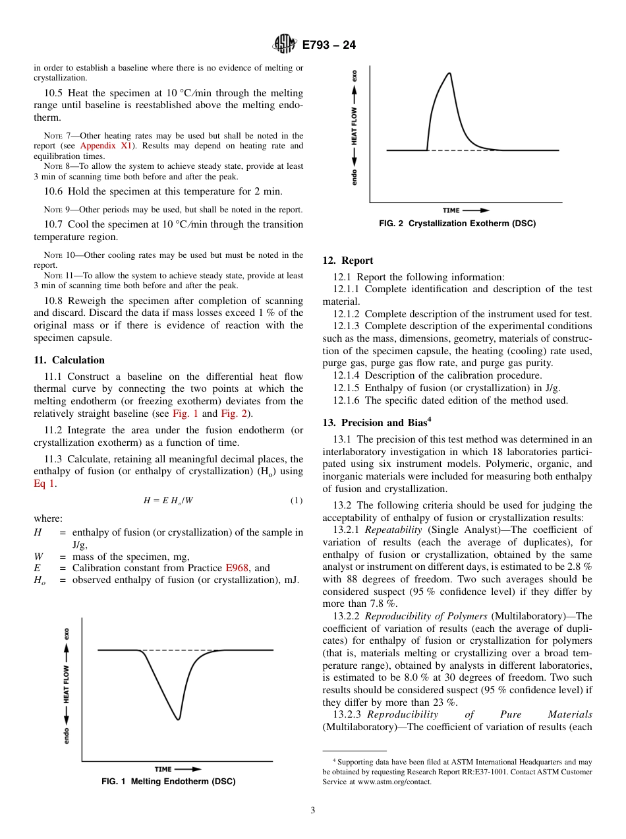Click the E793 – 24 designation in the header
click(329, 45)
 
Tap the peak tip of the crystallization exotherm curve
click(449, 73)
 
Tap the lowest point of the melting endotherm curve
click(178, 718)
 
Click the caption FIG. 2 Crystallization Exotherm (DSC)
click(457, 224)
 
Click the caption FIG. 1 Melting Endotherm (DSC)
click(168, 782)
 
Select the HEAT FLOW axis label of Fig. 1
click(67, 686)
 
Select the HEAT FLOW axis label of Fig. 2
click(354, 126)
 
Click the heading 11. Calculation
click(69, 360)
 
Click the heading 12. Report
click(348, 261)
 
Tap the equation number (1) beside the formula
click(297, 501)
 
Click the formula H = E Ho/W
click(168, 501)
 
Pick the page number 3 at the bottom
click(313, 811)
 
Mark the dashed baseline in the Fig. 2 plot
click(461, 150)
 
